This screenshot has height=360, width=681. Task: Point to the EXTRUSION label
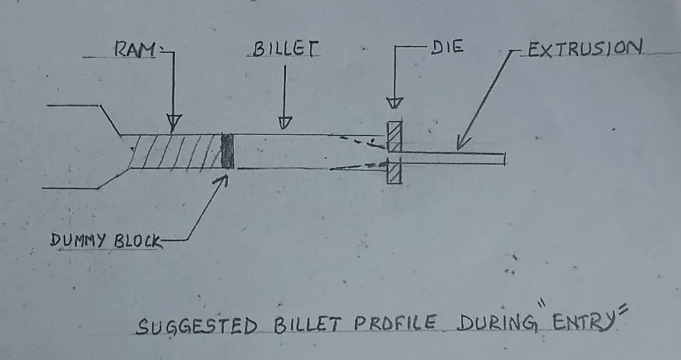(584, 49)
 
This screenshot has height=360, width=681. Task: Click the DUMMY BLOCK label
(106, 241)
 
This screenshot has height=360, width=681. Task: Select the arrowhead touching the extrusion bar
(461, 144)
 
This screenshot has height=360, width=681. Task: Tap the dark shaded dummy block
(228, 151)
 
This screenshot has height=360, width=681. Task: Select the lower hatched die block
(395, 172)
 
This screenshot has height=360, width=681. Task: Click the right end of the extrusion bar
(505, 158)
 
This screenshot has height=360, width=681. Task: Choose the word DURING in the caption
(499, 324)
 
